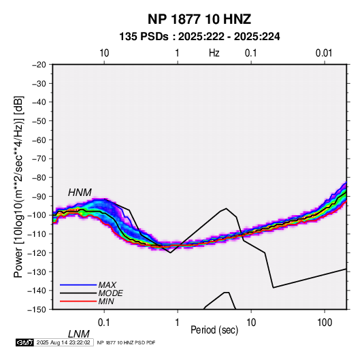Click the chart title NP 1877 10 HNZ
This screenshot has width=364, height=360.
[x=199, y=19]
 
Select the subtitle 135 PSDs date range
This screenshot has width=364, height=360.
[x=199, y=37]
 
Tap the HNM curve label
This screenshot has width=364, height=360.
[x=80, y=193]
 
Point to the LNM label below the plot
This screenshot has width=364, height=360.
[x=79, y=334]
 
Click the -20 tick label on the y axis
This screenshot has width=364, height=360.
[x=39, y=65]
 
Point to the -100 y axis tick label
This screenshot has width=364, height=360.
[x=37, y=215]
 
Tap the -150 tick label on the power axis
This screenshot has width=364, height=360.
[x=37, y=310]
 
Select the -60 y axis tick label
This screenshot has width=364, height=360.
[x=39, y=140]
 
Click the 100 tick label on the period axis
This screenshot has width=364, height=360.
[x=325, y=323]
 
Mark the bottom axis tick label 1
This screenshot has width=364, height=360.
[x=178, y=323]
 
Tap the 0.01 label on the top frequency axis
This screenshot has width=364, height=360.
[x=324, y=53]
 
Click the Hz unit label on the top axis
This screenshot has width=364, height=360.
[x=214, y=53]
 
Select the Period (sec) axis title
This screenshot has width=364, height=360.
[x=214, y=330]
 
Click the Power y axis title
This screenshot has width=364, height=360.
[x=18, y=186]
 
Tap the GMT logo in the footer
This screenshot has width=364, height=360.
[x=24, y=342]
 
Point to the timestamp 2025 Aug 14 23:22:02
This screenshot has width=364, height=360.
[x=63, y=342]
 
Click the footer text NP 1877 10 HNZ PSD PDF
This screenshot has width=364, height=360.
[x=126, y=342]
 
